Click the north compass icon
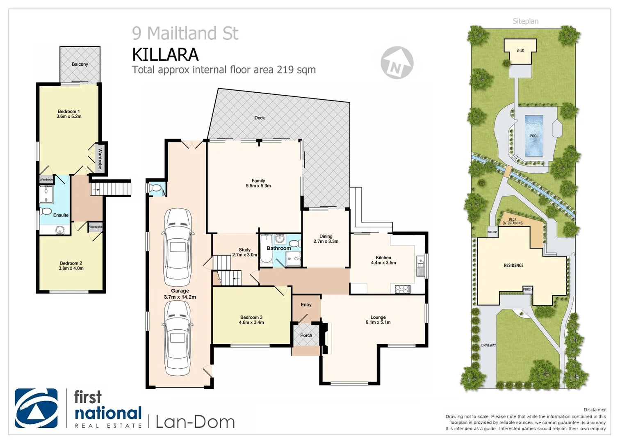tap(397, 63)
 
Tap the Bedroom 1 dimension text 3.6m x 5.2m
tap(69, 116)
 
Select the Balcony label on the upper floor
tap(80, 64)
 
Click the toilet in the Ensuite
tap(45, 212)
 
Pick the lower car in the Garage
tap(177, 338)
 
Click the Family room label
tap(258, 180)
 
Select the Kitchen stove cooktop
tap(402, 289)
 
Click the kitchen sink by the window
tap(420, 266)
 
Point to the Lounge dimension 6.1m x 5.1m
tap(378, 322)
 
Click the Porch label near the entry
tap(306, 335)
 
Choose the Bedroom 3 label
tap(251, 317)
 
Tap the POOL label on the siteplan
tap(534, 136)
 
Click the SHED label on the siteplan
tap(520, 50)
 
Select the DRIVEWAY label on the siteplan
tap(488, 345)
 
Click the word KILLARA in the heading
tap(165, 55)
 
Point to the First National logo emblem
tap(36, 408)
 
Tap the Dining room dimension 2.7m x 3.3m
tap(326, 242)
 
